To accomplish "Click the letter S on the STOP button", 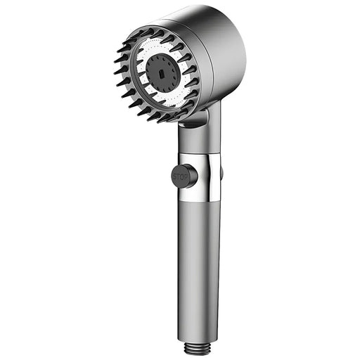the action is point(175,176).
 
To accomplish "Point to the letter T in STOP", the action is point(179,176).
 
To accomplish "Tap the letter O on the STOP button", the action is point(182,177).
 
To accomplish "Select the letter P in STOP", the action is point(186,177).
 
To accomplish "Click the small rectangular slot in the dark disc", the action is point(162,74).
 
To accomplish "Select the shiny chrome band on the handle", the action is point(199,177).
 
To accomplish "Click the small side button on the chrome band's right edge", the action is point(221,172).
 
